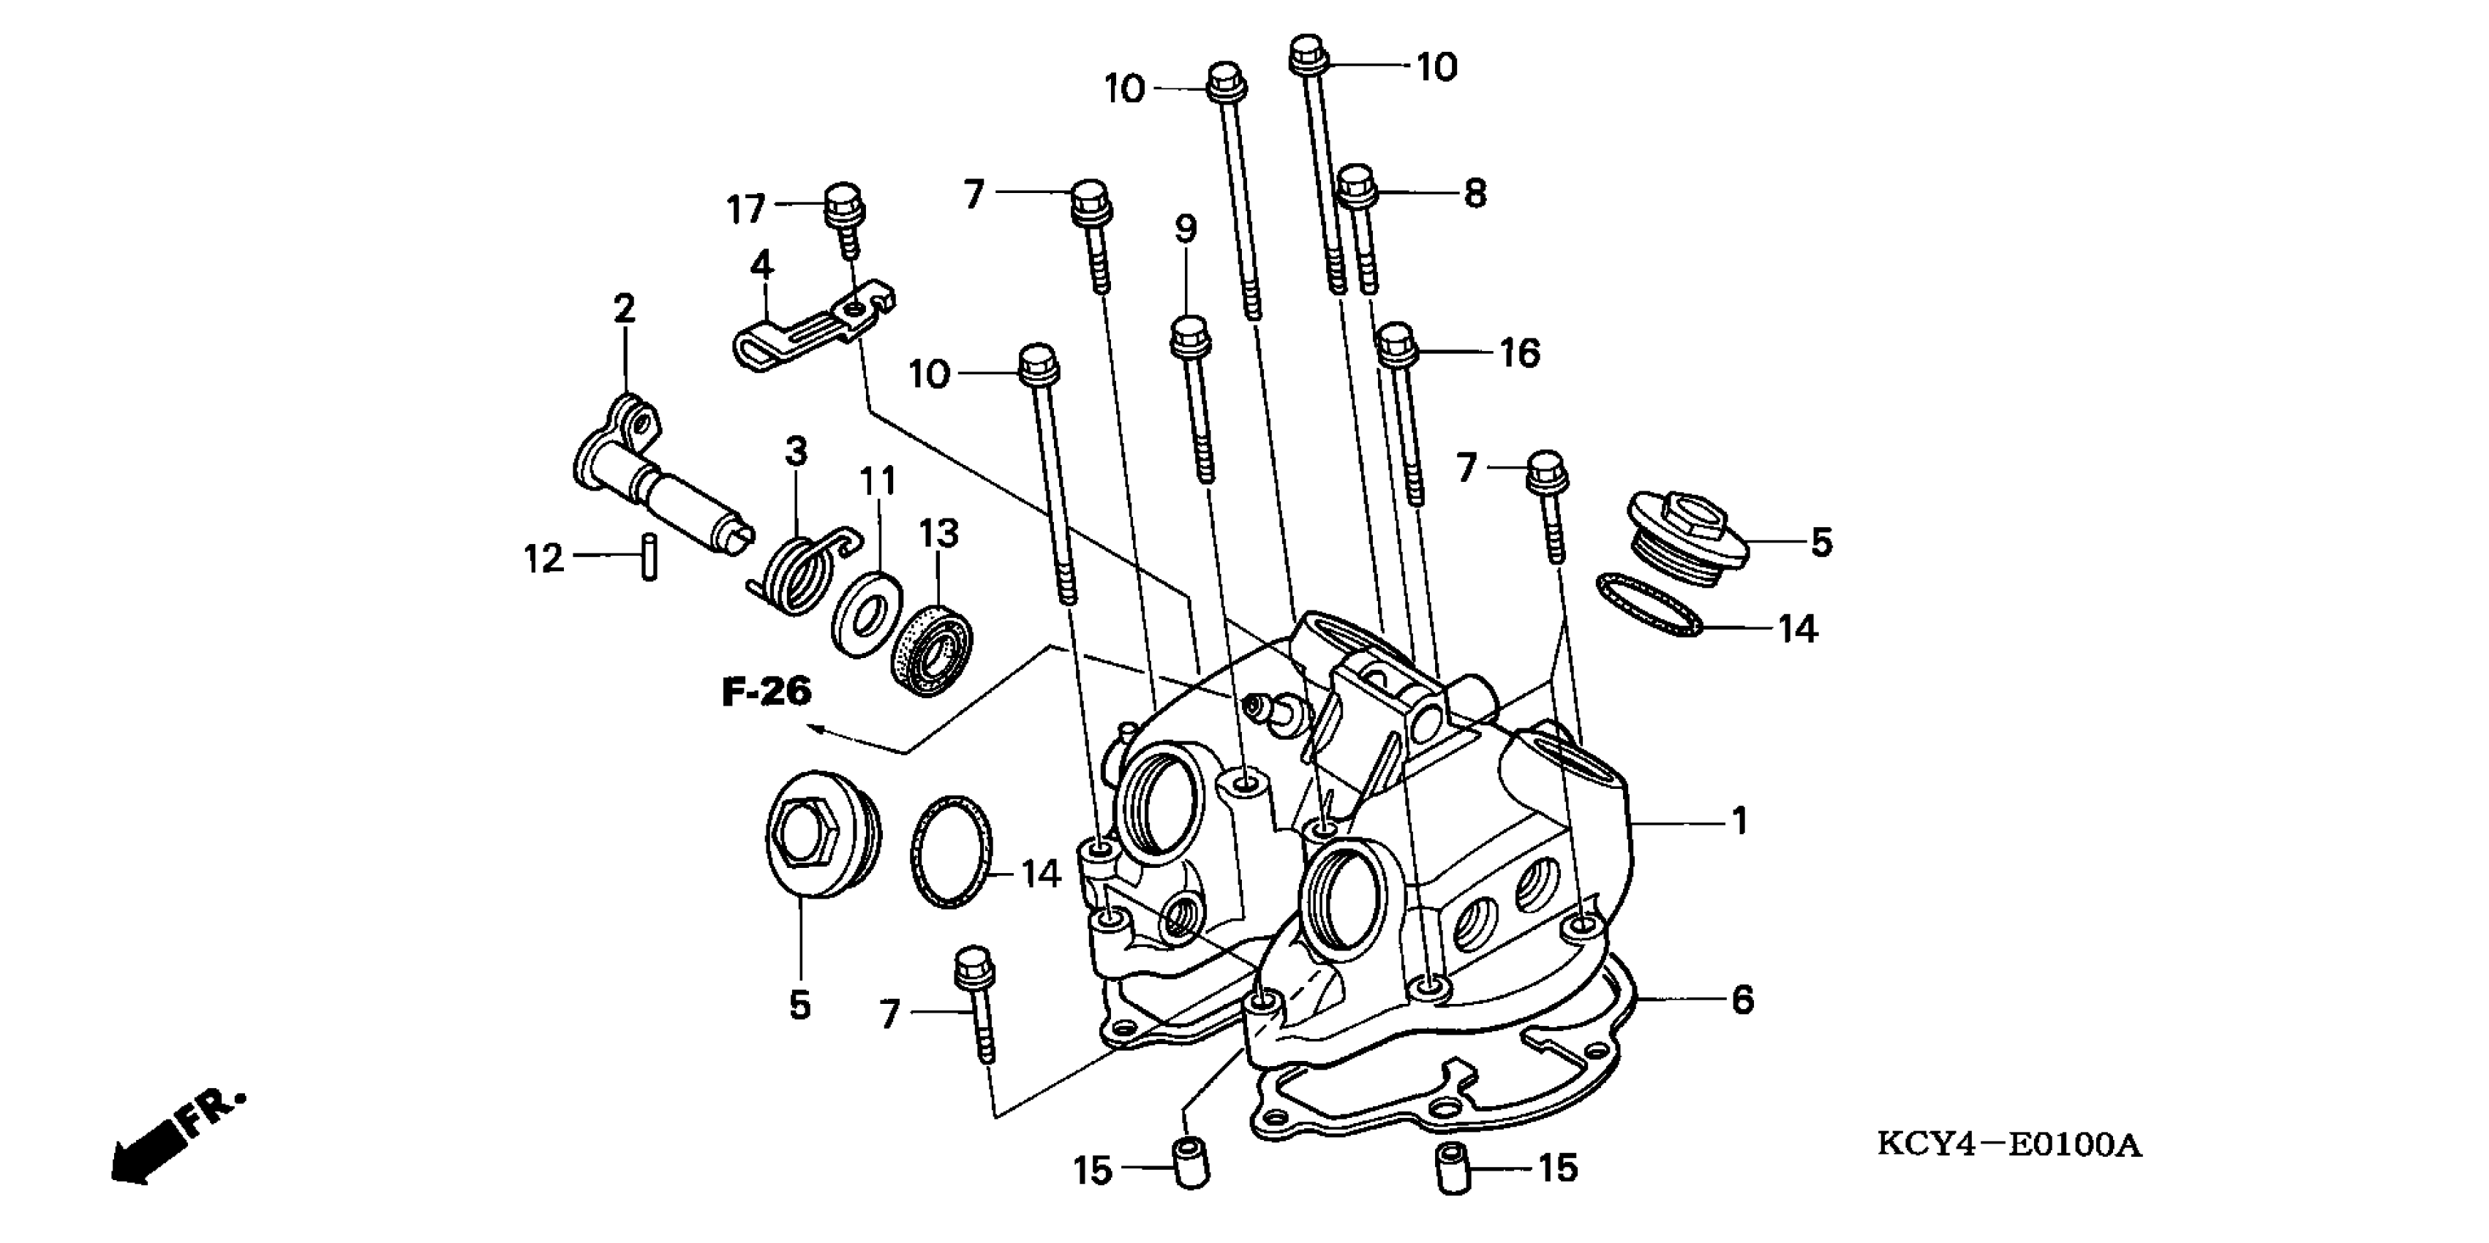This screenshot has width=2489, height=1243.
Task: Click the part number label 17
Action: (x=745, y=208)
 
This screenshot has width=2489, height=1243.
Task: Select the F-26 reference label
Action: (x=767, y=692)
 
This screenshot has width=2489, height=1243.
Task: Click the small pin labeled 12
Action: (x=649, y=557)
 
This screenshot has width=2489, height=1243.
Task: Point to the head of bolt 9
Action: (x=1188, y=336)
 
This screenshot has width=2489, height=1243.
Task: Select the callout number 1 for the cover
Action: (x=1739, y=821)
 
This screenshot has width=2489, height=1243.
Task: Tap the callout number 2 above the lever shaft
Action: (x=624, y=309)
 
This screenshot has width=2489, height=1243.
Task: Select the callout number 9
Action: (x=1186, y=229)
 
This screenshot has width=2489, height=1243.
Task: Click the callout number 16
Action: (x=1519, y=353)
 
